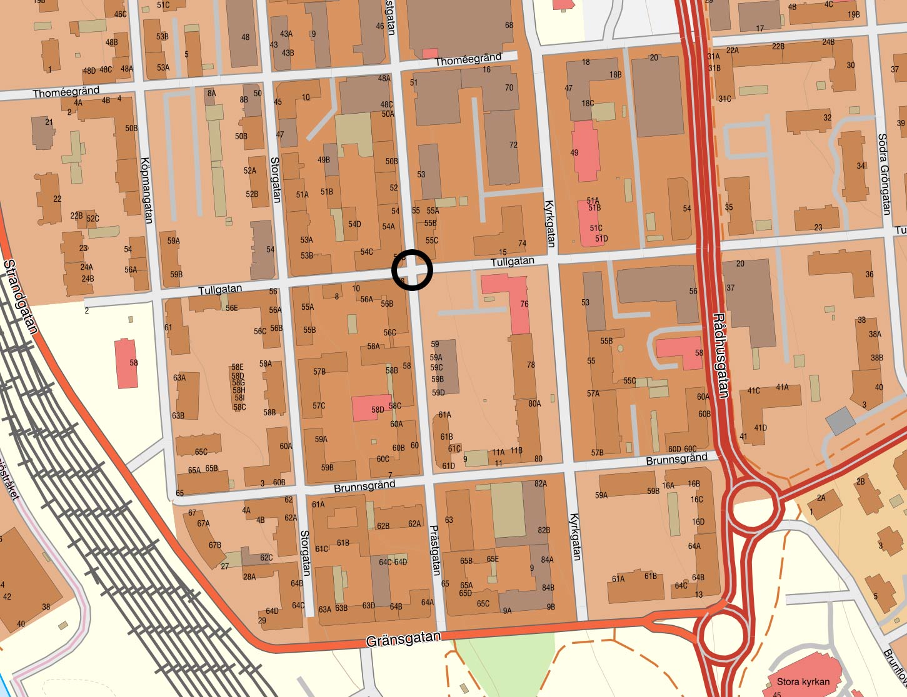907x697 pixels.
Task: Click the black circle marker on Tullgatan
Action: [412, 270]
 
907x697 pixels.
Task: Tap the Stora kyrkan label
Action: [803, 681]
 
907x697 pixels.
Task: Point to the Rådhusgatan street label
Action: [720, 355]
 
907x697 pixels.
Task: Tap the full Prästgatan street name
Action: [435, 550]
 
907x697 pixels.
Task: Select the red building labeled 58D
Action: [371, 408]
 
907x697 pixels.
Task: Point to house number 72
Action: [513, 145]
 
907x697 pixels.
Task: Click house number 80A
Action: [534, 403]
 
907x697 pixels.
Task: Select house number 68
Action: [509, 26]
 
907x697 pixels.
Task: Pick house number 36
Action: [869, 274]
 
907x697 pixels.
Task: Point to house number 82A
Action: [541, 483]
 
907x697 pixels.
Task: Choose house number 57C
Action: [319, 405]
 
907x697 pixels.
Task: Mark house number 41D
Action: [760, 428]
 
